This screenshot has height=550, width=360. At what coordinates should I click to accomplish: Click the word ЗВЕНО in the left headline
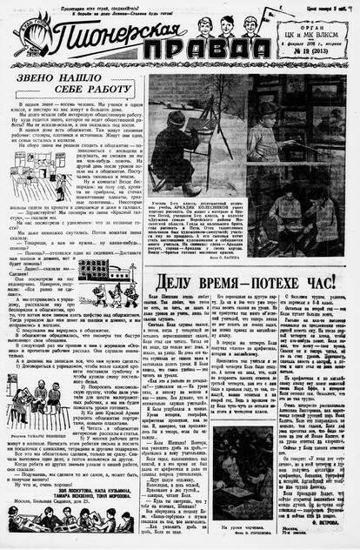(50, 81)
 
